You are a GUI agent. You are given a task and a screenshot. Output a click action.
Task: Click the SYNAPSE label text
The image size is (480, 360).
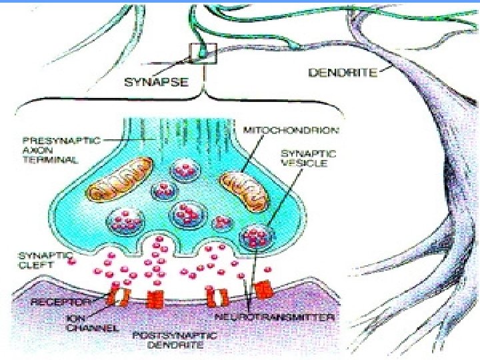pyautogui.click(x=157, y=83)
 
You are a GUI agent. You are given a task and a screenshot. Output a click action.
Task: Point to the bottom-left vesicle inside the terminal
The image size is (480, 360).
pyautogui.click(x=125, y=218)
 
